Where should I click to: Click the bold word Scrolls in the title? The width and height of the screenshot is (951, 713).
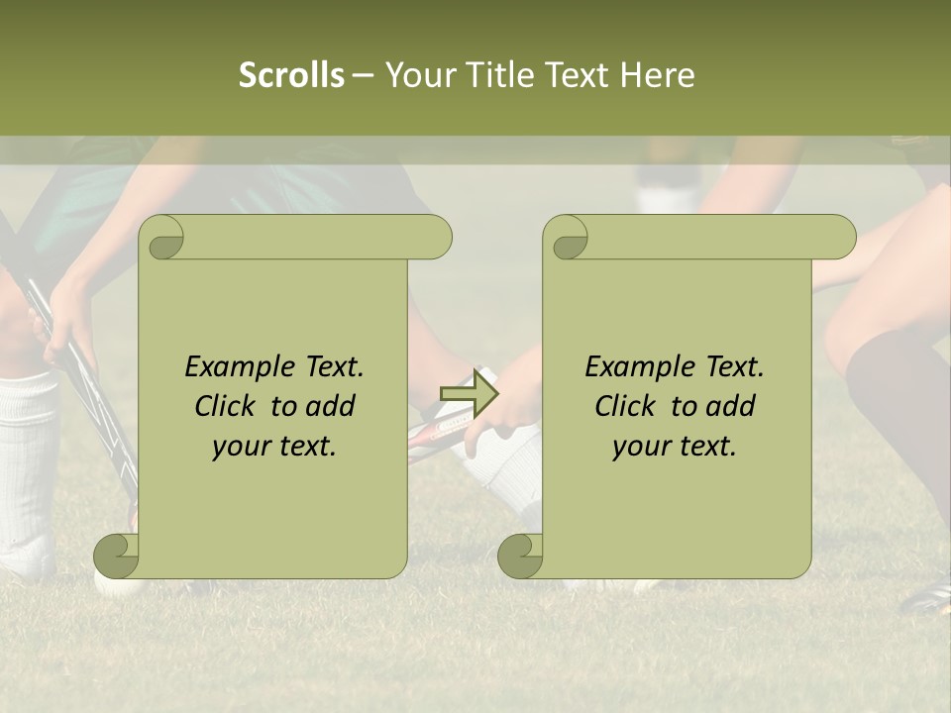[x=291, y=75]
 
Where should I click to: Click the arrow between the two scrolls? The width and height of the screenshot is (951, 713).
[x=469, y=393]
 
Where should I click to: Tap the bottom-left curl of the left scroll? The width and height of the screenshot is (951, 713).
[x=116, y=556]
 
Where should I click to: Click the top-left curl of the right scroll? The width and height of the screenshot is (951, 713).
[x=567, y=239]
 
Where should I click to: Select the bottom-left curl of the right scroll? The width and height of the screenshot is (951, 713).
[x=520, y=556]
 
